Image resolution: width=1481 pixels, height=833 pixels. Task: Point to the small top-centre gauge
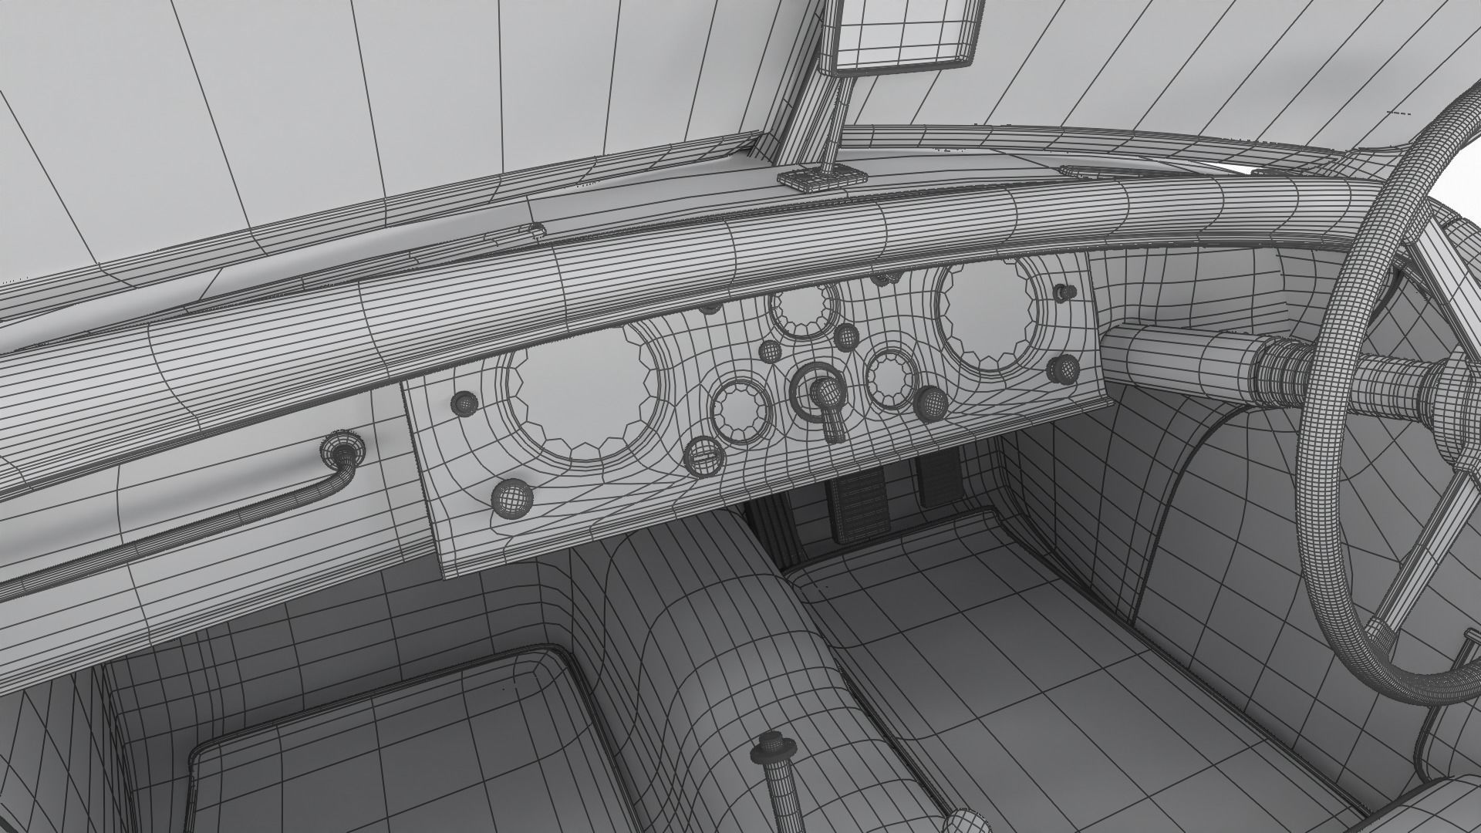point(802,310)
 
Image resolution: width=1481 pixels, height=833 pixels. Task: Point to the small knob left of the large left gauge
point(465,402)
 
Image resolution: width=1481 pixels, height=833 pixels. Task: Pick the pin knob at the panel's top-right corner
point(1065,292)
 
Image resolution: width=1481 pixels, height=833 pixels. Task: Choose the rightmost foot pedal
point(937,478)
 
